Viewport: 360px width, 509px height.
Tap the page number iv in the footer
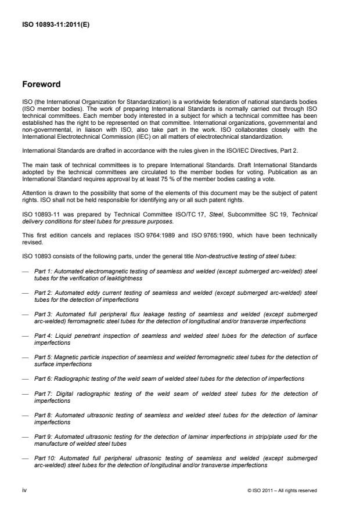(x=24, y=490)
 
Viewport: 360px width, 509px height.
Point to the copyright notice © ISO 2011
(x=262, y=490)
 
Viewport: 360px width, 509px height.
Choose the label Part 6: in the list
(x=44, y=378)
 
